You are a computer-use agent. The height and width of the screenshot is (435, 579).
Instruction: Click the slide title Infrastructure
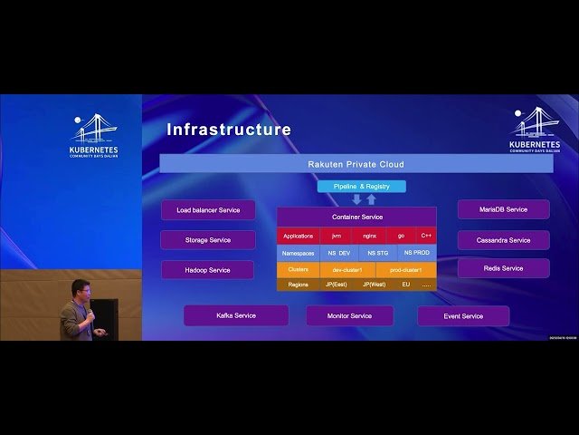(x=228, y=130)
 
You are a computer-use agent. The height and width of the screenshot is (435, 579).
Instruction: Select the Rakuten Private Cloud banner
(x=356, y=164)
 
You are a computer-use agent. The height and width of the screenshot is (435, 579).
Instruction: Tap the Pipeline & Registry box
(x=361, y=186)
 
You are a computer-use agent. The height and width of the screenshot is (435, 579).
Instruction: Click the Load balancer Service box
(x=208, y=210)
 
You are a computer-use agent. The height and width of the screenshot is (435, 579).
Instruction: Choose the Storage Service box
(x=208, y=240)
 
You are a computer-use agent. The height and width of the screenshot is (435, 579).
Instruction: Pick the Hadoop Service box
(x=208, y=270)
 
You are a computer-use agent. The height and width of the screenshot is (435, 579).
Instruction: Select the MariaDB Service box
(x=503, y=209)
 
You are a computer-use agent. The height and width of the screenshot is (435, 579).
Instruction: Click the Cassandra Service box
(x=503, y=240)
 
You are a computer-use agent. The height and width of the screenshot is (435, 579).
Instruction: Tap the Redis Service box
(x=503, y=268)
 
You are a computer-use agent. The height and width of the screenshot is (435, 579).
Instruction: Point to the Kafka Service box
(x=236, y=315)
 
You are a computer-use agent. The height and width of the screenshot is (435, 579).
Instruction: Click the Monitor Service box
(x=349, y=316)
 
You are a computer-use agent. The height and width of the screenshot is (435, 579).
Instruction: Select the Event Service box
(x=462, y=316)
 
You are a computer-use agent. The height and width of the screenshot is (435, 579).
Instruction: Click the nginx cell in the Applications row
(x=369, y=236)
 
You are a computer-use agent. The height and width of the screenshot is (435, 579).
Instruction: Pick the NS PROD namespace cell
(x=417, y=253)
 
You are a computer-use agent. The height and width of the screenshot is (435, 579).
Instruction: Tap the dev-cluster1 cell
(x=347, y=269)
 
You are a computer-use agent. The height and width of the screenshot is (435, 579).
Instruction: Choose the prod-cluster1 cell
(x=405, y=269)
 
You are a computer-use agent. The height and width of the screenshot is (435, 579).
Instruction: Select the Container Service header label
(x=356, y=217)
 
